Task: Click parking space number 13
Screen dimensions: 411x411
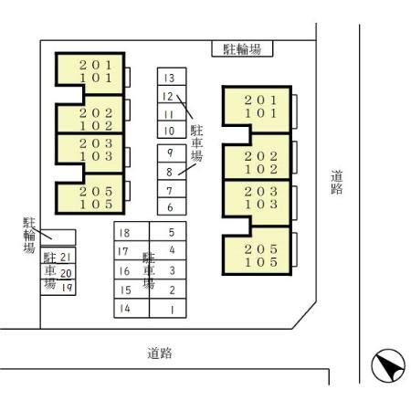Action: click(x=172, y=77)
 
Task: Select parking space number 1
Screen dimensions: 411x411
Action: click(x=168, y=309)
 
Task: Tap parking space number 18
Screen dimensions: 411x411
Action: click(x=132, y=231)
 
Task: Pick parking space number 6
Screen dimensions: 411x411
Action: click(x=172, y=206)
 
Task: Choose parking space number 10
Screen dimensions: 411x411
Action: click(x=172, y=130)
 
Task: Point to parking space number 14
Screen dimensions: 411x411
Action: click(x=132, y=309)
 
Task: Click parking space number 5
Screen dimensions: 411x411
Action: click(x=168, y=231)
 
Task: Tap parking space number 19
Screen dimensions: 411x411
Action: click(x=58, y=288)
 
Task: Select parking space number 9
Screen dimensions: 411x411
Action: click(x=172, y=153)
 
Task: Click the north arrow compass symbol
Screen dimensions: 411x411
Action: click(x=388, y=365)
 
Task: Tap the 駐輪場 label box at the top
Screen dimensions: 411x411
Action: click(x=242, y=48)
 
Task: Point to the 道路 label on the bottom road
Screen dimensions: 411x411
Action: click(x=160, y=353)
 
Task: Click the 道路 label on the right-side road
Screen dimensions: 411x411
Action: click(x=337, y=182)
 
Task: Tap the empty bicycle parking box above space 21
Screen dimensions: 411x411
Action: click(x=58, y=237)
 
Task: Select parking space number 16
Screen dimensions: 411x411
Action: click(x=132, y=270)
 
